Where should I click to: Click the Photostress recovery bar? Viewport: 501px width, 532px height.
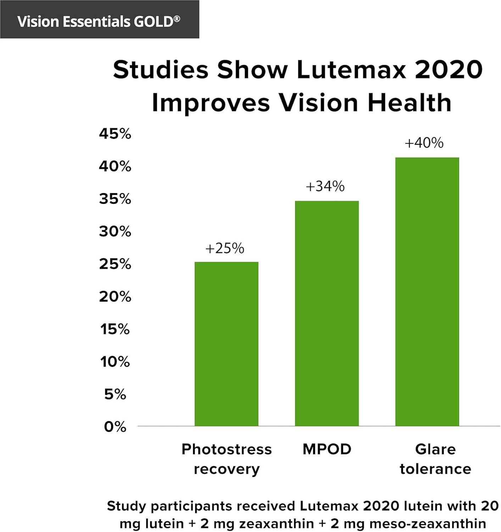pyautogui.click(x=226, y=344)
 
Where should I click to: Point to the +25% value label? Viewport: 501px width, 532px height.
pyautogui.click(x=225, y=248)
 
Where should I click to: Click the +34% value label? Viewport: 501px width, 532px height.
pyautogui.click(x=325, y=187)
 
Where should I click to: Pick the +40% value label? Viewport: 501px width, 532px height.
pyautogui.click(x=424, y=143)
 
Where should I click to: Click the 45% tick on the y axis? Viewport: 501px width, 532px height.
pyautogui.click(x=115, y=134)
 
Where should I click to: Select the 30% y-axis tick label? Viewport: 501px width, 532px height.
pyautogui.click(x=115, y=232)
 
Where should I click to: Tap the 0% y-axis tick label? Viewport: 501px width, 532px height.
pyautogui.click(x=115, y=427)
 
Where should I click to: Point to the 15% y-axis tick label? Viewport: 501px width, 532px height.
pyautogui.click(x=115, y=329)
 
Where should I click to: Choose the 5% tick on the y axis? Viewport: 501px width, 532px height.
pyautogui.click(x=115, y=394)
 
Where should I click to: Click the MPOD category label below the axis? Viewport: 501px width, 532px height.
pyautogui.click(x=327, y=449)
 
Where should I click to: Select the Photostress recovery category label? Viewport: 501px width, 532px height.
pyautogui.click(x=227, y=459)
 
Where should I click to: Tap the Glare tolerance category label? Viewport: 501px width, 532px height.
pyautogui.click(x=435, y=459)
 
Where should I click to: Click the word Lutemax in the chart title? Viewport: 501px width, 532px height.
pyautogui.click(x=351, y=70)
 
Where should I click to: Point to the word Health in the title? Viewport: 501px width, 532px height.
pyautogui.click(x=410, y=103)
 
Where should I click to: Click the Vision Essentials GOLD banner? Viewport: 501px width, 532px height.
pyautogui.click(x=99, y=20)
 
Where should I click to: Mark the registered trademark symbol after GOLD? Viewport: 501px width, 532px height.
pyautogui.click(x=177, y=18)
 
